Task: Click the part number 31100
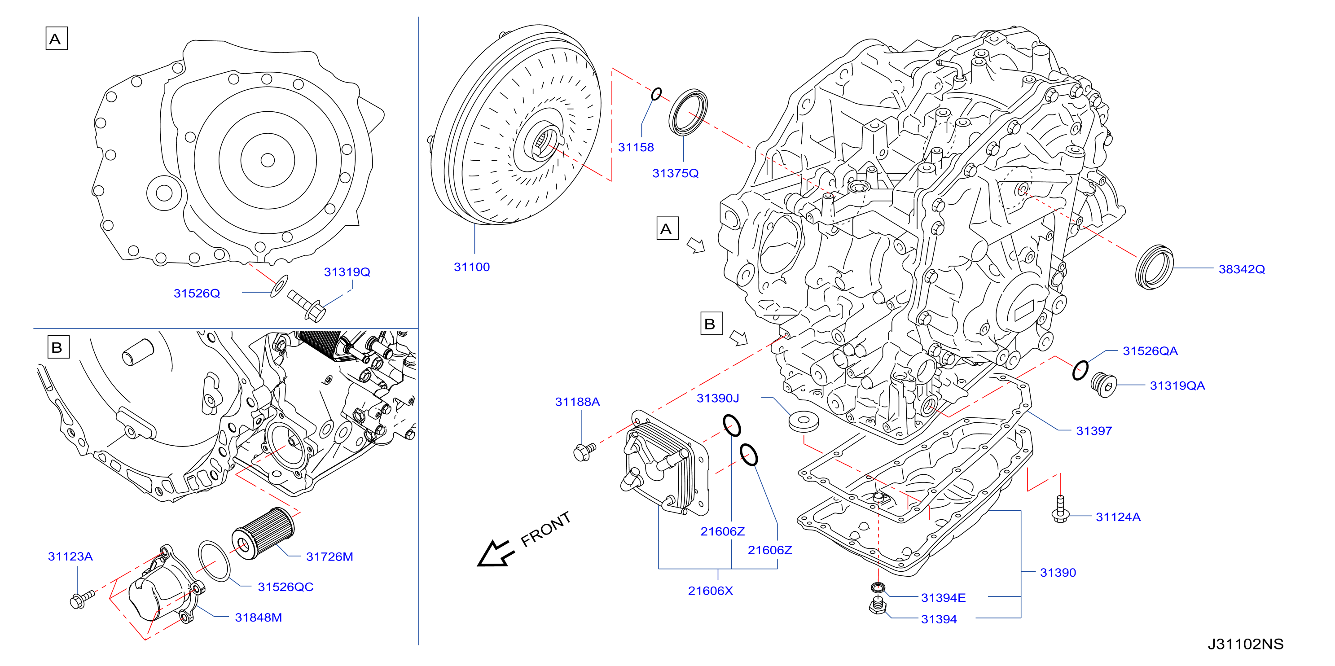pos(472,267)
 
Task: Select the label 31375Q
pos(675,173)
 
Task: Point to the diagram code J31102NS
pos(1245,644)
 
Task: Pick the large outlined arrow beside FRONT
pos(496,553)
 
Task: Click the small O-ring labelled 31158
pos(656,94)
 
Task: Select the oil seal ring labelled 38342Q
pos(1154,267)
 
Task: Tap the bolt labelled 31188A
pos(584,451)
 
